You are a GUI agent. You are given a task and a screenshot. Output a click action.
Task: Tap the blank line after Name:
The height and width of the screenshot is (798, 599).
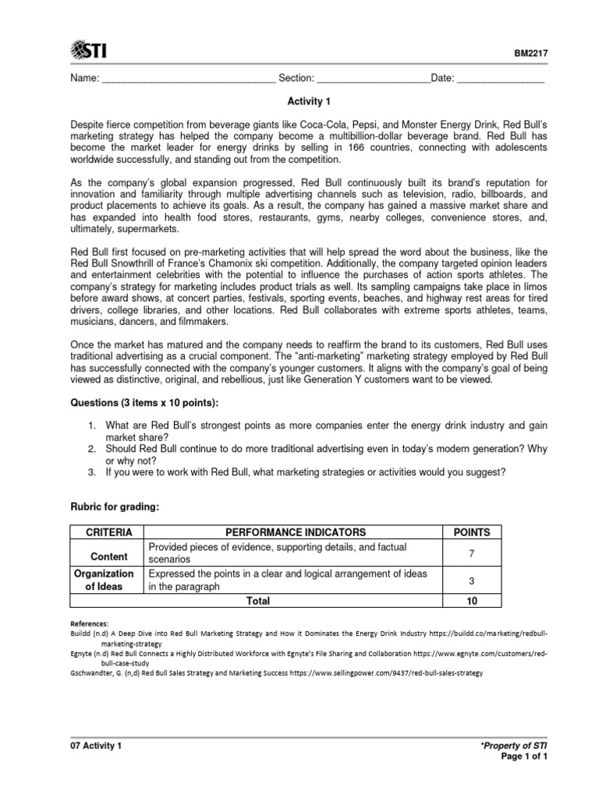click(189, 79)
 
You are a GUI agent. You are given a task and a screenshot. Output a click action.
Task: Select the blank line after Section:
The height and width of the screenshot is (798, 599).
click(374, 79)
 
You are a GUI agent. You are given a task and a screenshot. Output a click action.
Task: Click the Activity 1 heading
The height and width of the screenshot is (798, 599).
click(299, 102)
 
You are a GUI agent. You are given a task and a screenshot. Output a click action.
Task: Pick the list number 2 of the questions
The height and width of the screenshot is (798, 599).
click(91, 448)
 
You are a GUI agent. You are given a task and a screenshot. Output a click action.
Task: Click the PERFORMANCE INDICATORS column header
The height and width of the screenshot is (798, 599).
click(296, 532)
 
